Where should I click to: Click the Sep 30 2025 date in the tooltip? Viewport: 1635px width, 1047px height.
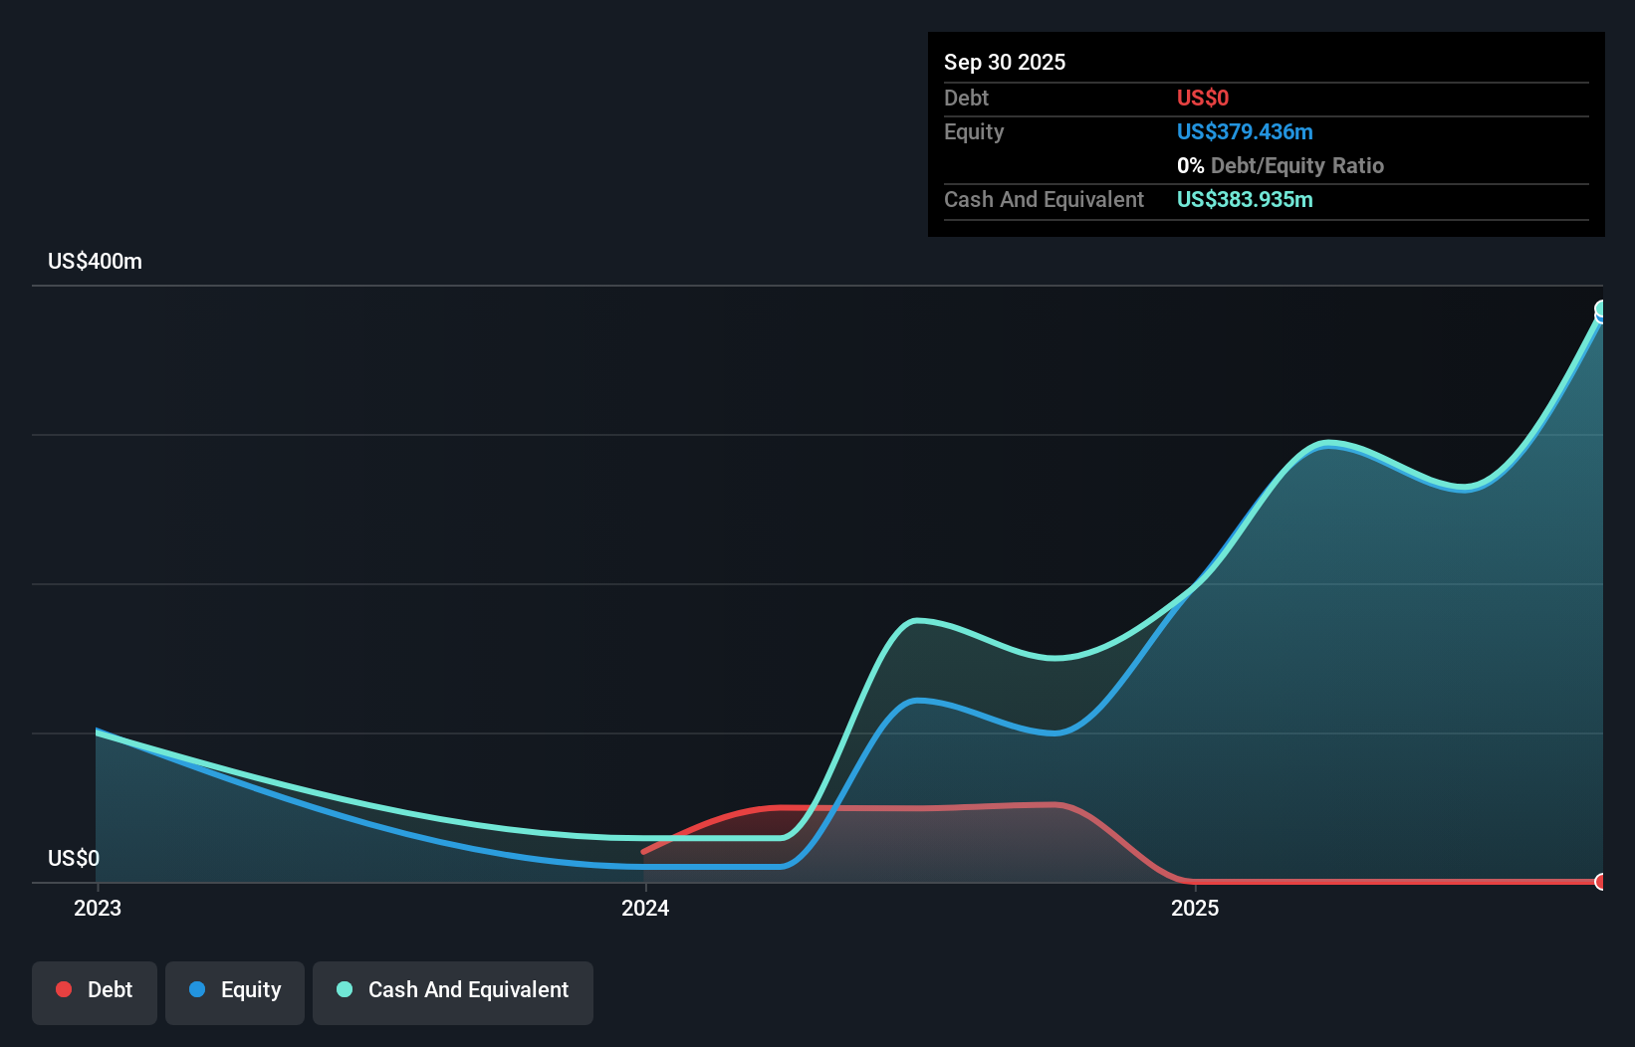pos(1004,62)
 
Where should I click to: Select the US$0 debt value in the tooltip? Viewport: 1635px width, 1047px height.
pos(1202,98)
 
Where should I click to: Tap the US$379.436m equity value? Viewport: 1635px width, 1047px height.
pos(1244,131)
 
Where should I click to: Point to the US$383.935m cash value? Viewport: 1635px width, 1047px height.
pos(1244,199)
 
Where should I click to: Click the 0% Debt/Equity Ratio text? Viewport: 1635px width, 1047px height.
pos(1280,165)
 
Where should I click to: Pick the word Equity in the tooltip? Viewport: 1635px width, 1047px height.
pos(973,131)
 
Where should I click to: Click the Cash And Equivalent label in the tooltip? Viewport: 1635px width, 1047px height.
pos(1044,199)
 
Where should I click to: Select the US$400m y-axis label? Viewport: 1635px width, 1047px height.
pos(95,261)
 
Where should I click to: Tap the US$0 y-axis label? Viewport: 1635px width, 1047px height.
pos(73,858)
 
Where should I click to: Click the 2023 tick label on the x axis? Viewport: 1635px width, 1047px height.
pos(98,908)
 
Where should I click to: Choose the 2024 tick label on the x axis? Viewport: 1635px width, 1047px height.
pos(645,908)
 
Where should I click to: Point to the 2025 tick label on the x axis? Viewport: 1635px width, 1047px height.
pos(1195,908)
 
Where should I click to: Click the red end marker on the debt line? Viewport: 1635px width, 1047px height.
pos(1600,882)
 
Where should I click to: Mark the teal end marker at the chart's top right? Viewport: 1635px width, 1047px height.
pos(1600,310)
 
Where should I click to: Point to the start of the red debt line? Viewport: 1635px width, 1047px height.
pos(643,852)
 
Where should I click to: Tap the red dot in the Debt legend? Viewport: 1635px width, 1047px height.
pos(64,989)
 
